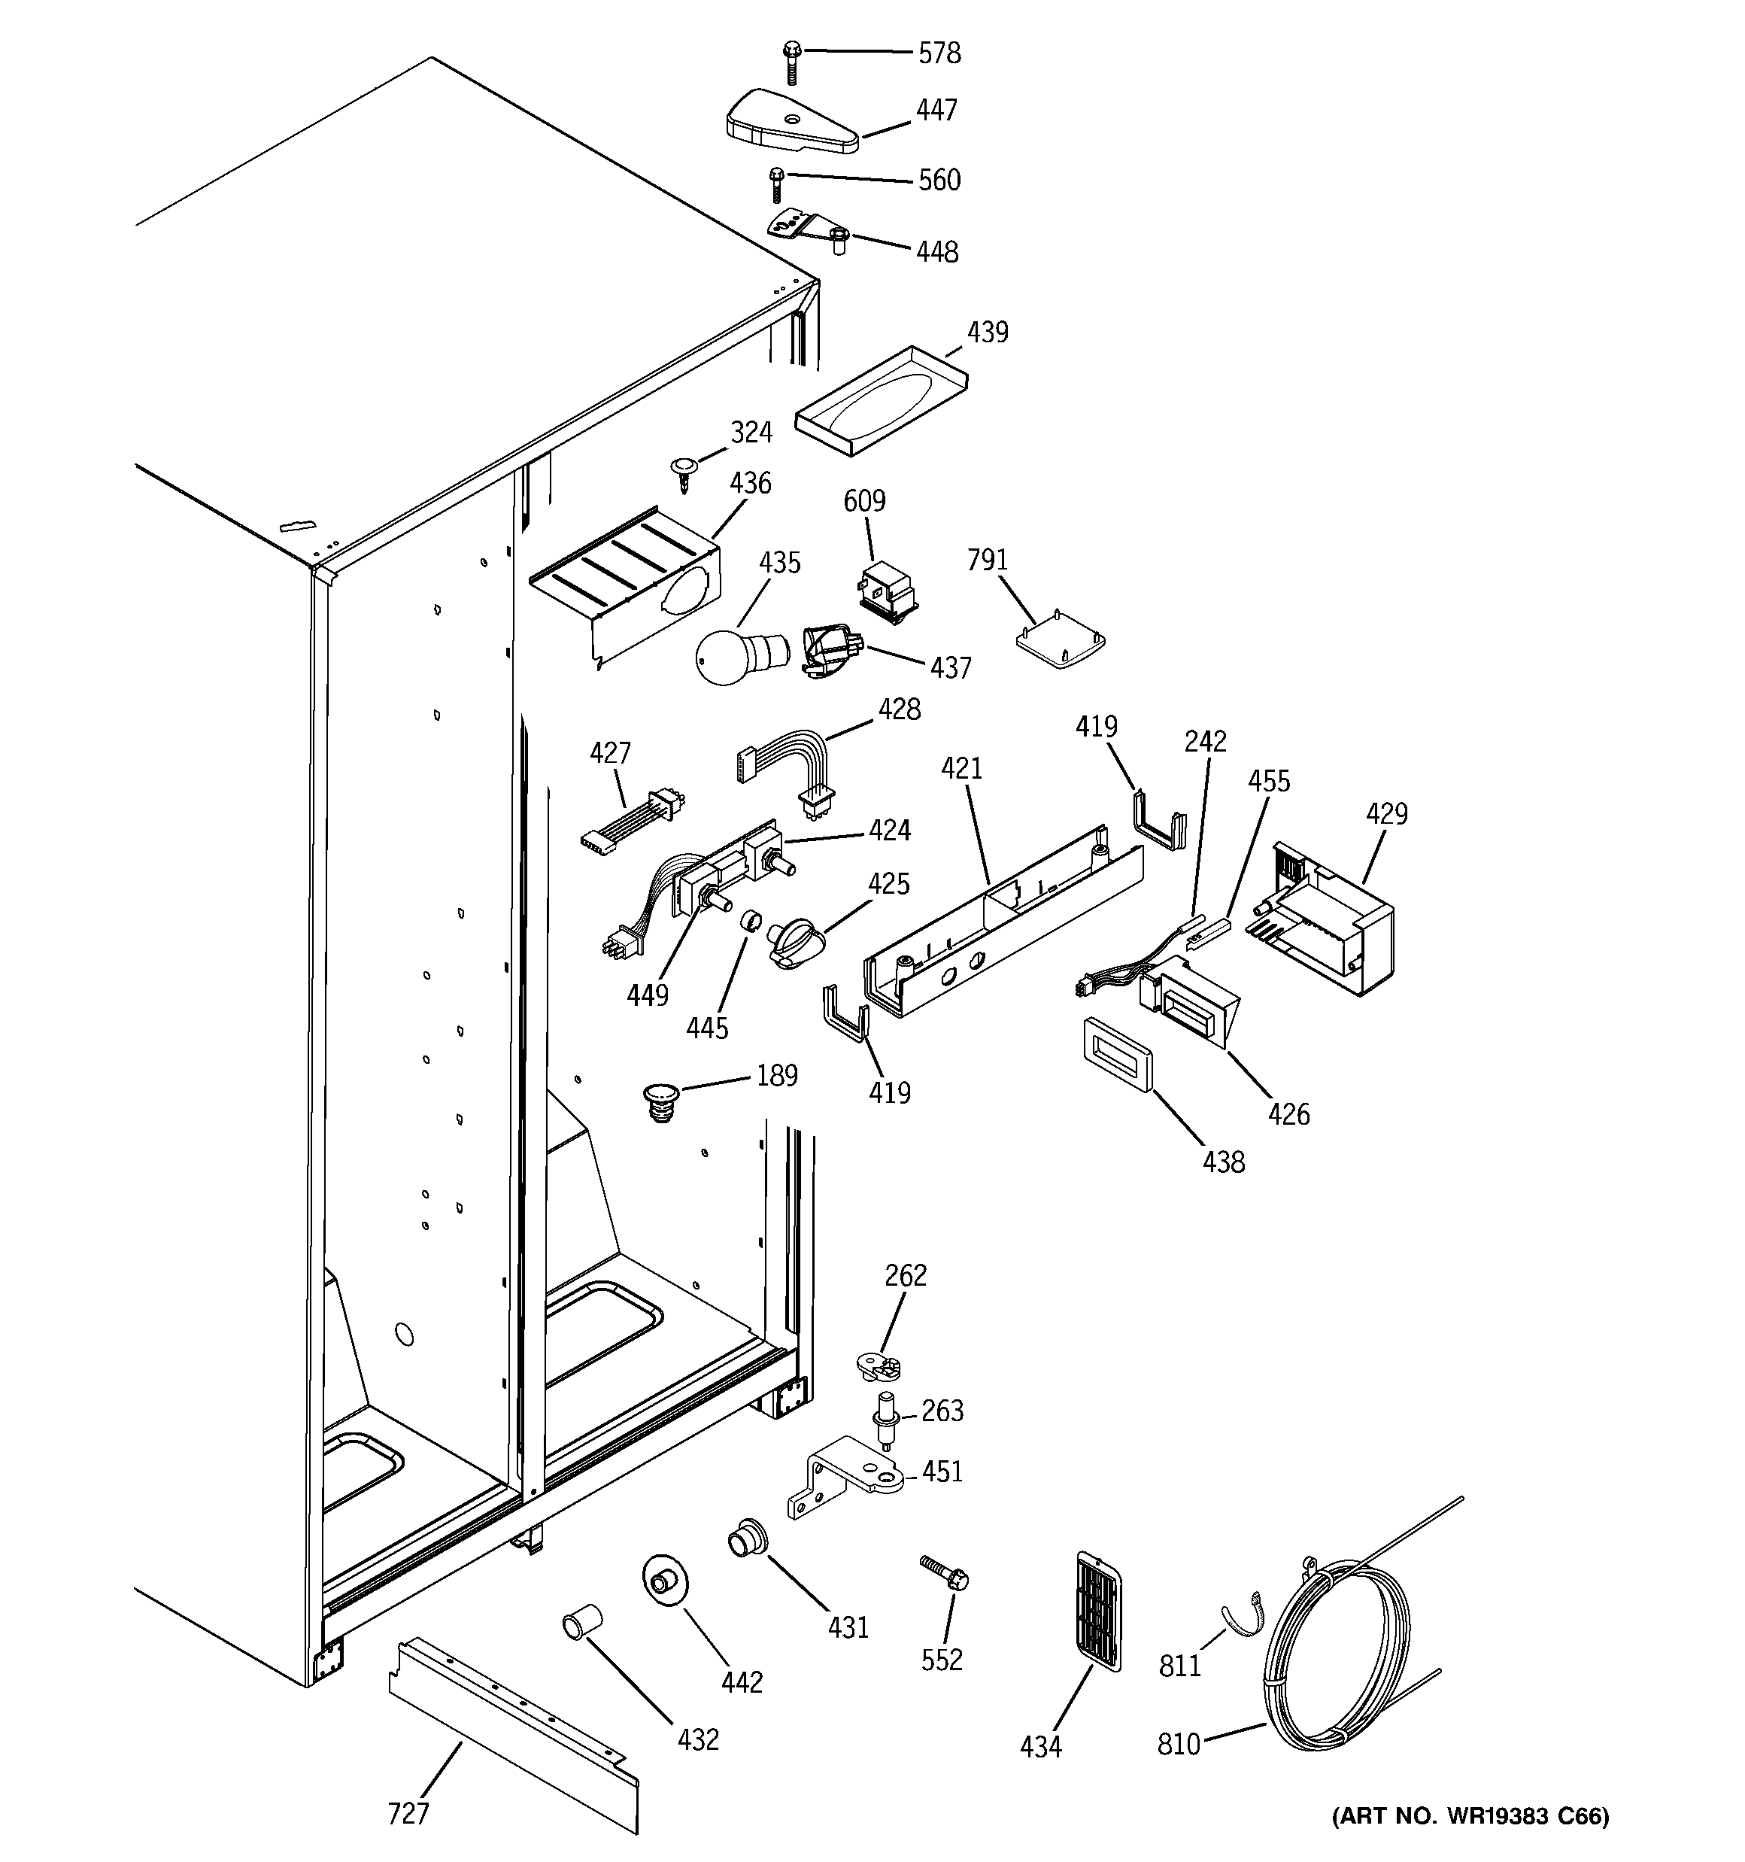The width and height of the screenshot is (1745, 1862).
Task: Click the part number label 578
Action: (939, 53)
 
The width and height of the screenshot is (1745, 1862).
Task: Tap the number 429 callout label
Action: (1386, 814)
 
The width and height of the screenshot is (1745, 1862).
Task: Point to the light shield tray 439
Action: (881, 400)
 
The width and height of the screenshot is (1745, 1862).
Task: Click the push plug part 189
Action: (661, 1101)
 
